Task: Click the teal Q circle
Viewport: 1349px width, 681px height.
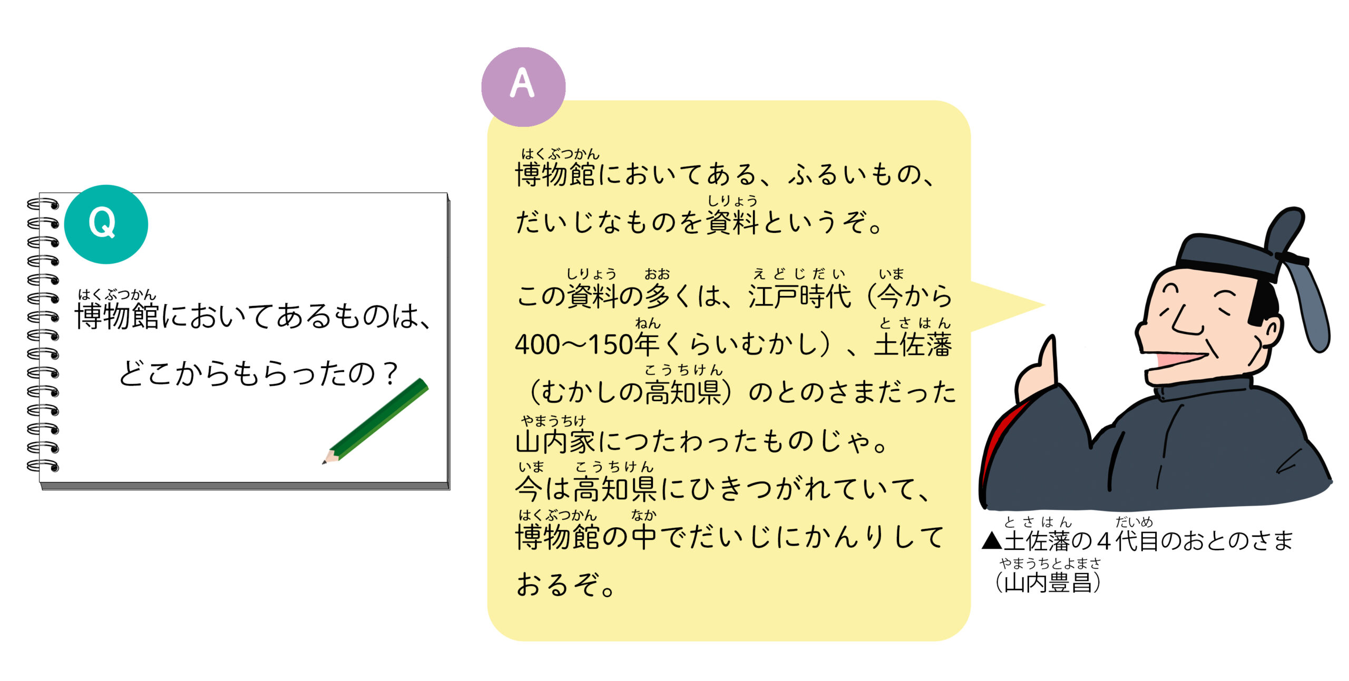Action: pyautogui.click(x=106, y=224)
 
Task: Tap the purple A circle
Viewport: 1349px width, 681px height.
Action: pyautogui.click(x=523, y=87)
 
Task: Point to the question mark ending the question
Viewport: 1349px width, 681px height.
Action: pyautogui.click(x=390, y=373)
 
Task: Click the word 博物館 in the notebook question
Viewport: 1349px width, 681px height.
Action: pyautogui.click(x=117, y=316)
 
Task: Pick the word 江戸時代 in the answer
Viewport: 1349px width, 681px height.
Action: pyautogui.click(x=799, y=296)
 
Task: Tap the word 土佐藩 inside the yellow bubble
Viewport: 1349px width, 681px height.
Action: pyautogui.click(x=913, y=345)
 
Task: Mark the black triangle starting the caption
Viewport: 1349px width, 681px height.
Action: pyautogui.click(x=992, y=541)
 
